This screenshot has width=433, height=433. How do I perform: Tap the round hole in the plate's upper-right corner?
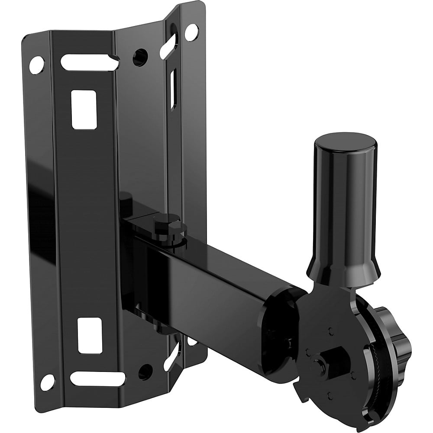[x=189, y=32]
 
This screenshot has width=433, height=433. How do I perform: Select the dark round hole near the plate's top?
[x=140, y=55]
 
